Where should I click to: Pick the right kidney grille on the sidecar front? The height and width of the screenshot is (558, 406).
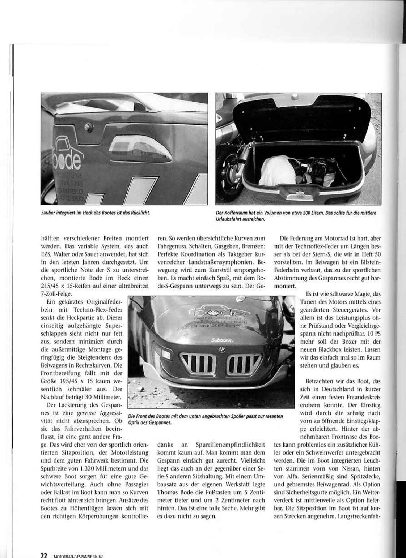243,362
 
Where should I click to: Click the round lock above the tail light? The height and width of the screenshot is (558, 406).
88,126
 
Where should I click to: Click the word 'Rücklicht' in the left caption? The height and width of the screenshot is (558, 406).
140,213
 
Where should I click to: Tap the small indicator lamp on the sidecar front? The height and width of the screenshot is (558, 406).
166,355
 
